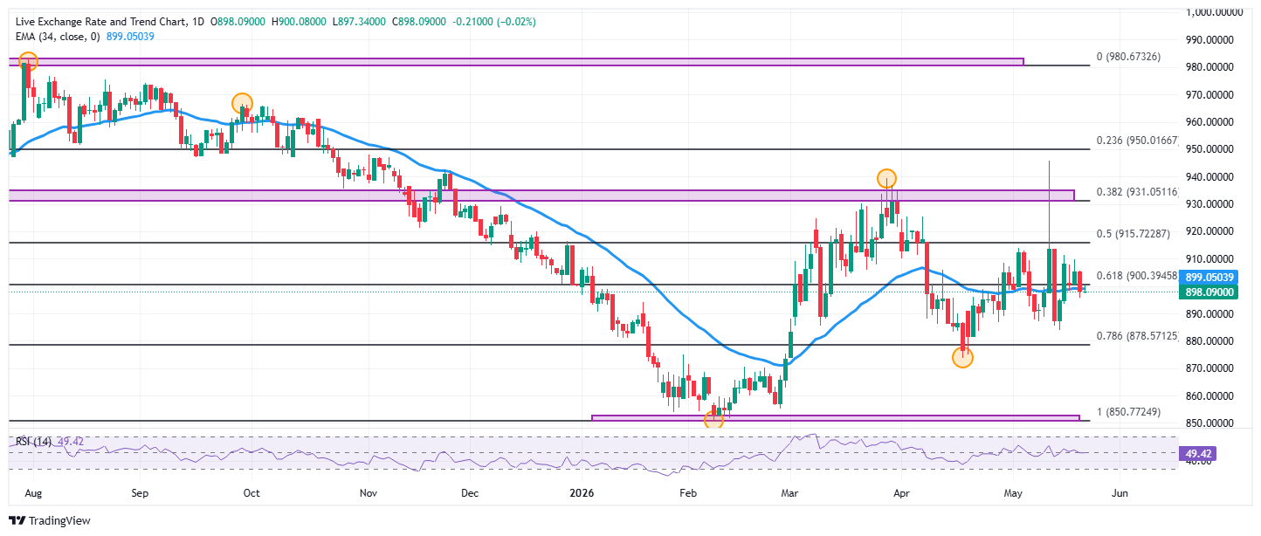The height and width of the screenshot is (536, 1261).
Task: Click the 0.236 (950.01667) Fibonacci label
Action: click(x=1137, y=141)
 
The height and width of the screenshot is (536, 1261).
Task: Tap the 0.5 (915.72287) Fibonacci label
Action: click(x=1133, y=234)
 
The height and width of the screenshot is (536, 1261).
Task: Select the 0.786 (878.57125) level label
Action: click(x=1137, y=336)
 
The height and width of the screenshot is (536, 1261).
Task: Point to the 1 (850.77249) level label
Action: click(x=1128, y=411)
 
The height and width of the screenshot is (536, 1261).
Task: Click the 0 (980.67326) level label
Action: click(x=1128, y=56)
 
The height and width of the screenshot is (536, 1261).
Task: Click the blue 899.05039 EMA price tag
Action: click(x=1209, y=277)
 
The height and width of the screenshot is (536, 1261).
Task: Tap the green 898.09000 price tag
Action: click(x=1209, y=292)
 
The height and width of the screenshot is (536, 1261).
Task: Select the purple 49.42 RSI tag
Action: click(x=1197, y=454)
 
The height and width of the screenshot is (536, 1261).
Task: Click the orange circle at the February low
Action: click(x=713, y=419)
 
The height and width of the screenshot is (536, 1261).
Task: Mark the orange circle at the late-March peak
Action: click(x=886, y=178)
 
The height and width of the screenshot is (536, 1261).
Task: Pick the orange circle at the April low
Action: click(x=962, y=357)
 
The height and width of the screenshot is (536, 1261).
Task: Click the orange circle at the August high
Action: click(x=28, y=61)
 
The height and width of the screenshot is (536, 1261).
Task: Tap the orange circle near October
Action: click(x=242, y=104)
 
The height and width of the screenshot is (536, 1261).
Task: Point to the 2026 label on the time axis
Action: click(x=582, y=493)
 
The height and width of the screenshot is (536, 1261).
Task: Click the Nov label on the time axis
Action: click(x=369, y=493)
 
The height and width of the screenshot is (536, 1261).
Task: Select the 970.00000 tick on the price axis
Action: click(x=1209, y=94)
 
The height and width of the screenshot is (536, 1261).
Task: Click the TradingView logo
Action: click(x=50, y=521)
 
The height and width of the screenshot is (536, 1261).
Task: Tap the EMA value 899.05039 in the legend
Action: click(x=130, y=37)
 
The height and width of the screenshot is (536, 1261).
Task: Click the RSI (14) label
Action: click(x=33, y=442)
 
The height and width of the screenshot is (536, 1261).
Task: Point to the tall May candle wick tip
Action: click(x=1050, y=161)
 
